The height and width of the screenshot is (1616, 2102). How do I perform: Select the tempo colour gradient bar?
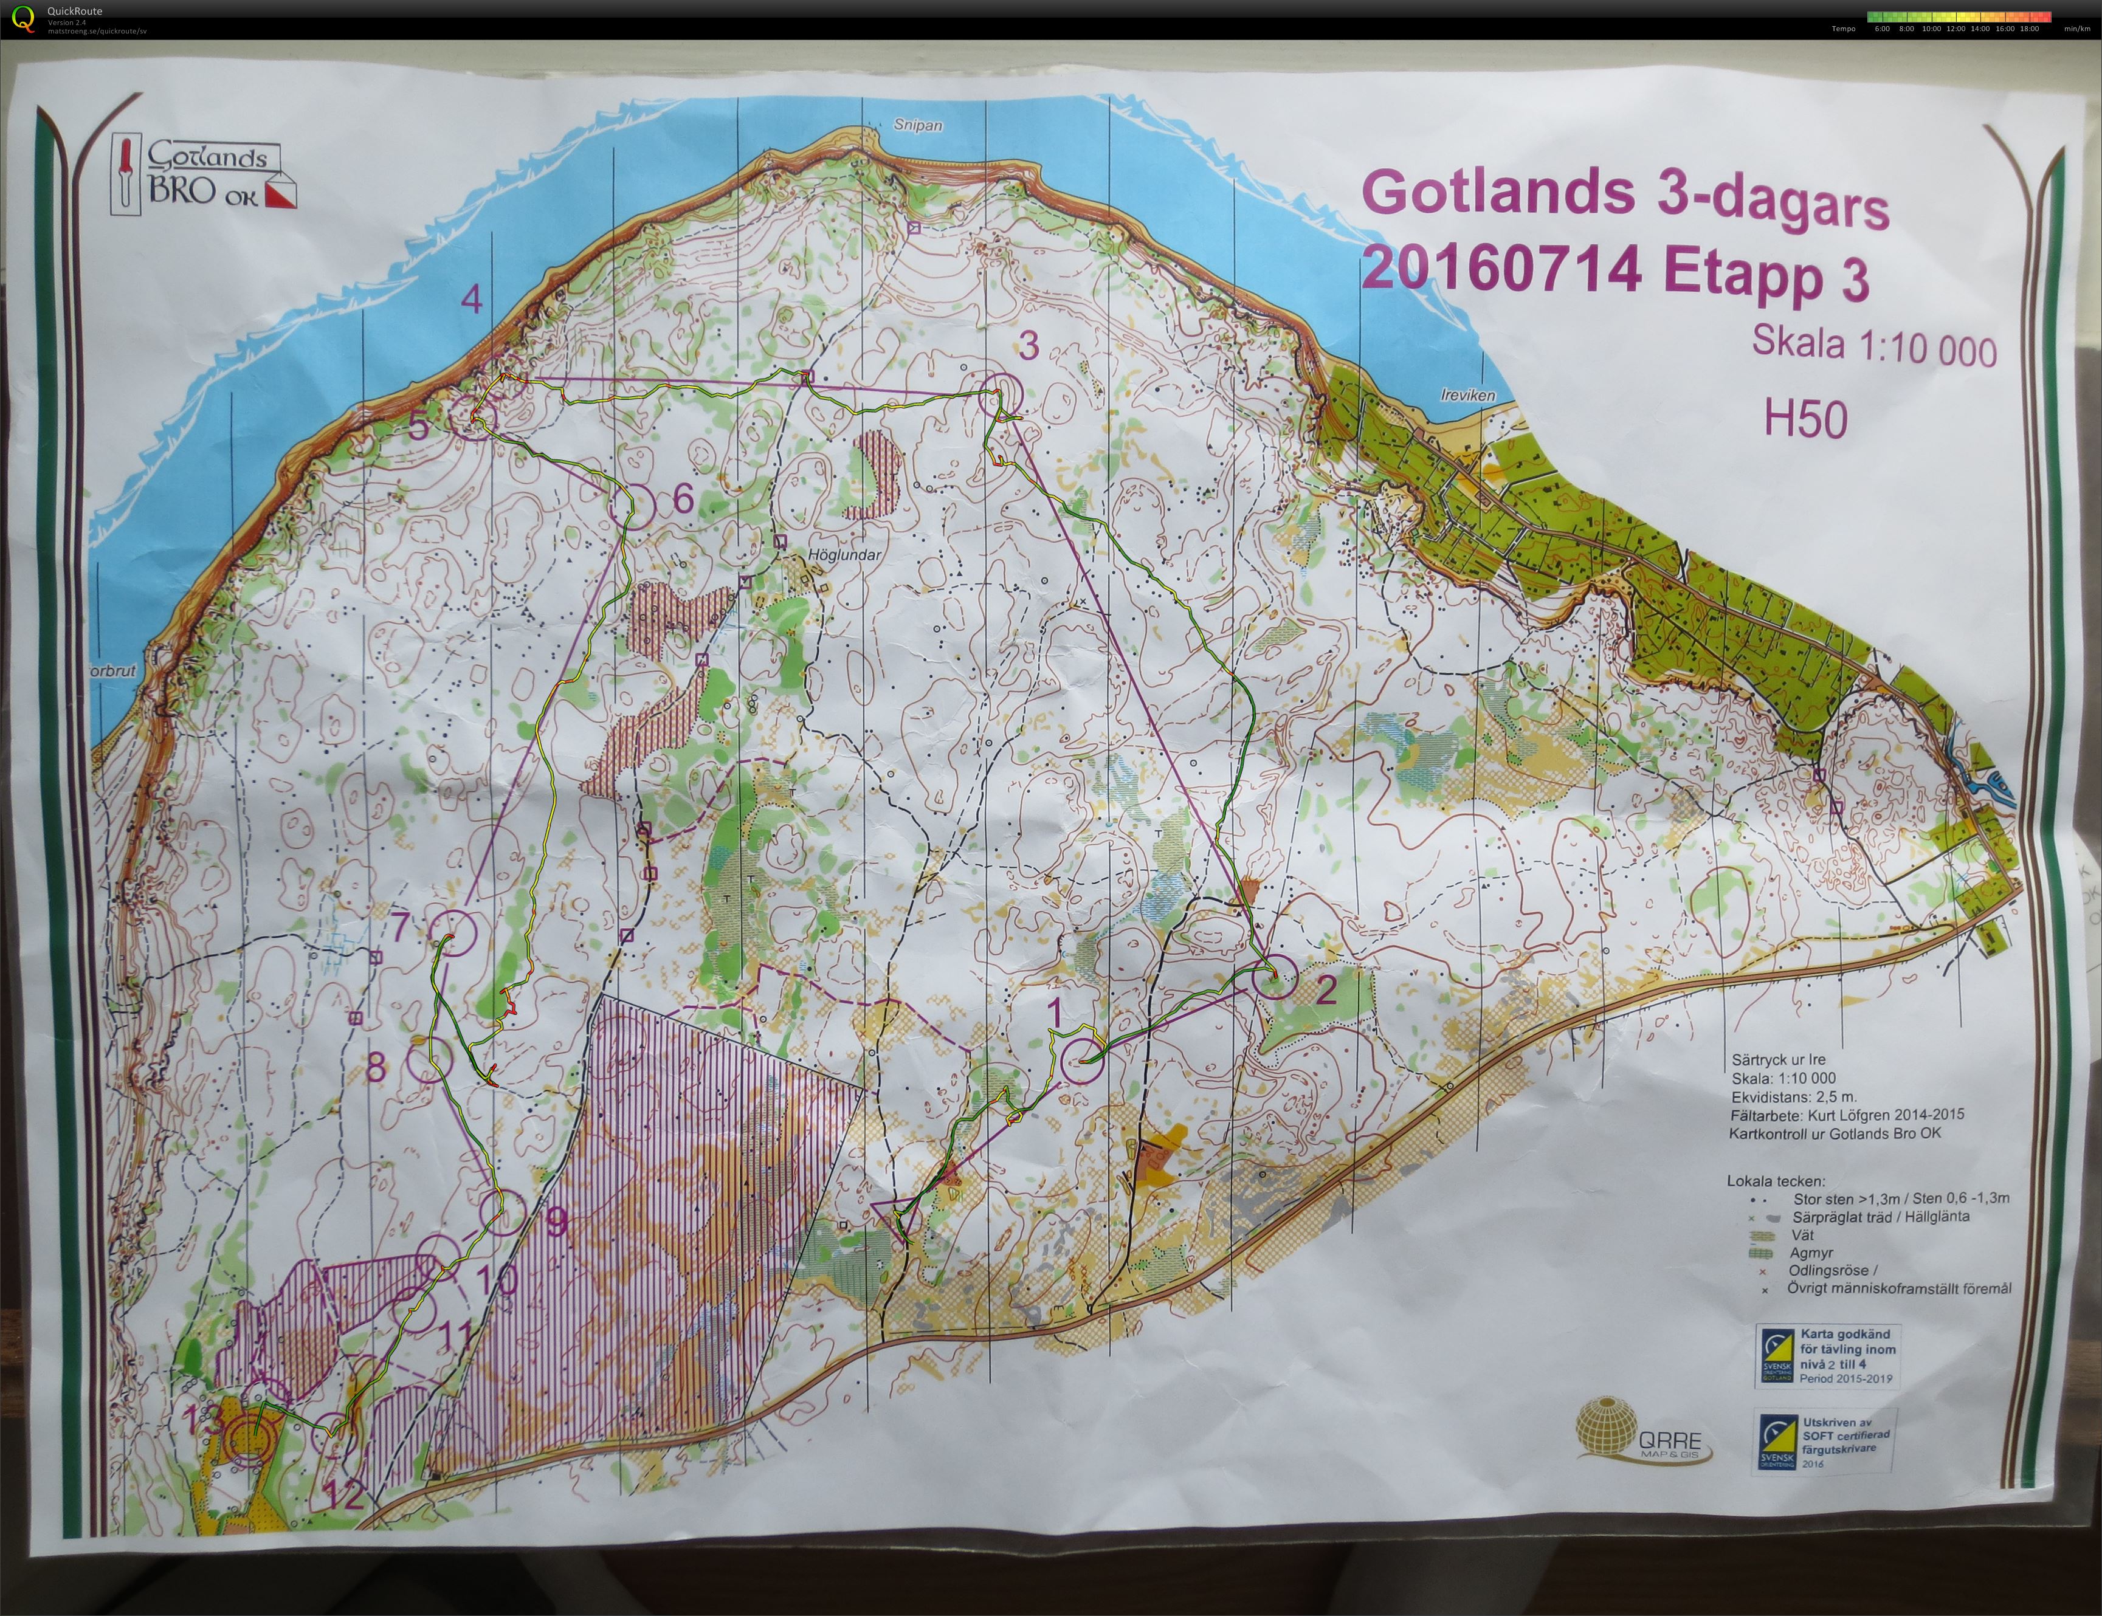click(x=1959, y=16)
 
